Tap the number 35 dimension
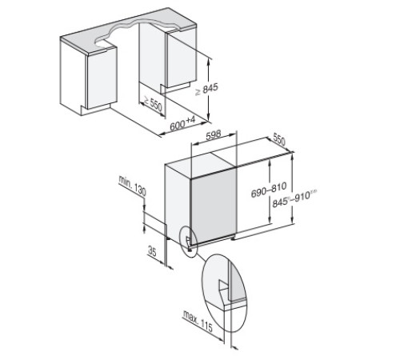[x=151, y=251]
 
